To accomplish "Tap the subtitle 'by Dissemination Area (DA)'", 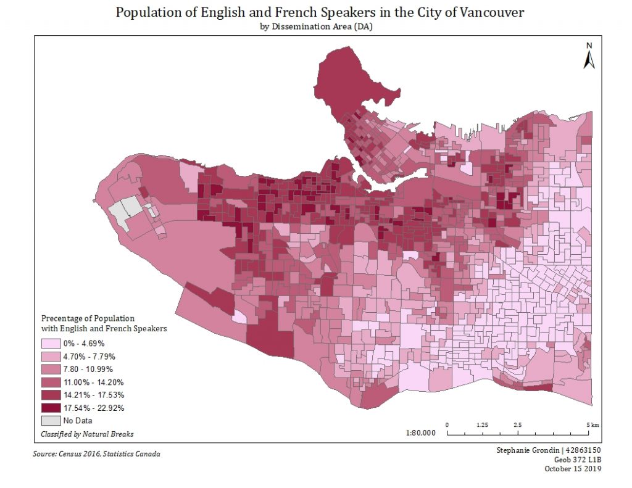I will pyautogui.click(x=315, y=27).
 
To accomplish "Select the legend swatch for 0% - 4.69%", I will pyautogui.click(x=51, y=343).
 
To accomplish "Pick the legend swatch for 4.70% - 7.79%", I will pyautogui.click(x=51, y=356).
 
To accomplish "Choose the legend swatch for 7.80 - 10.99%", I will pyautogui.click(x=51, y=369).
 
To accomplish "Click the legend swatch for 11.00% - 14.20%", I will pyautogui.click(x=51, y=382).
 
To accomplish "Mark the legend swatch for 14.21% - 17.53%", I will pyautogui.click(x=51, y=395).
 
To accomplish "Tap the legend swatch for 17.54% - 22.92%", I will pyautogui.click(x=51, y=408).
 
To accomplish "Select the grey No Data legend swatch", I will pyautogui.click(x=51, y=421).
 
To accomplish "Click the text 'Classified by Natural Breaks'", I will pyautogui.click(x=87, y=434).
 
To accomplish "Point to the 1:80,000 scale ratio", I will pyautogui.click(x=421, y=433).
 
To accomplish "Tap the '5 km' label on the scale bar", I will pyautogui.click(x=593, y=425).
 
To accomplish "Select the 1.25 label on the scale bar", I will pyautogui.click(x=483, y=425).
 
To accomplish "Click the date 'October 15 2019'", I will pyautogui.click(x=573, y=469).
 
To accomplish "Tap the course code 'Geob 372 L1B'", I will pyautogui.click(x=577, y=460).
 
